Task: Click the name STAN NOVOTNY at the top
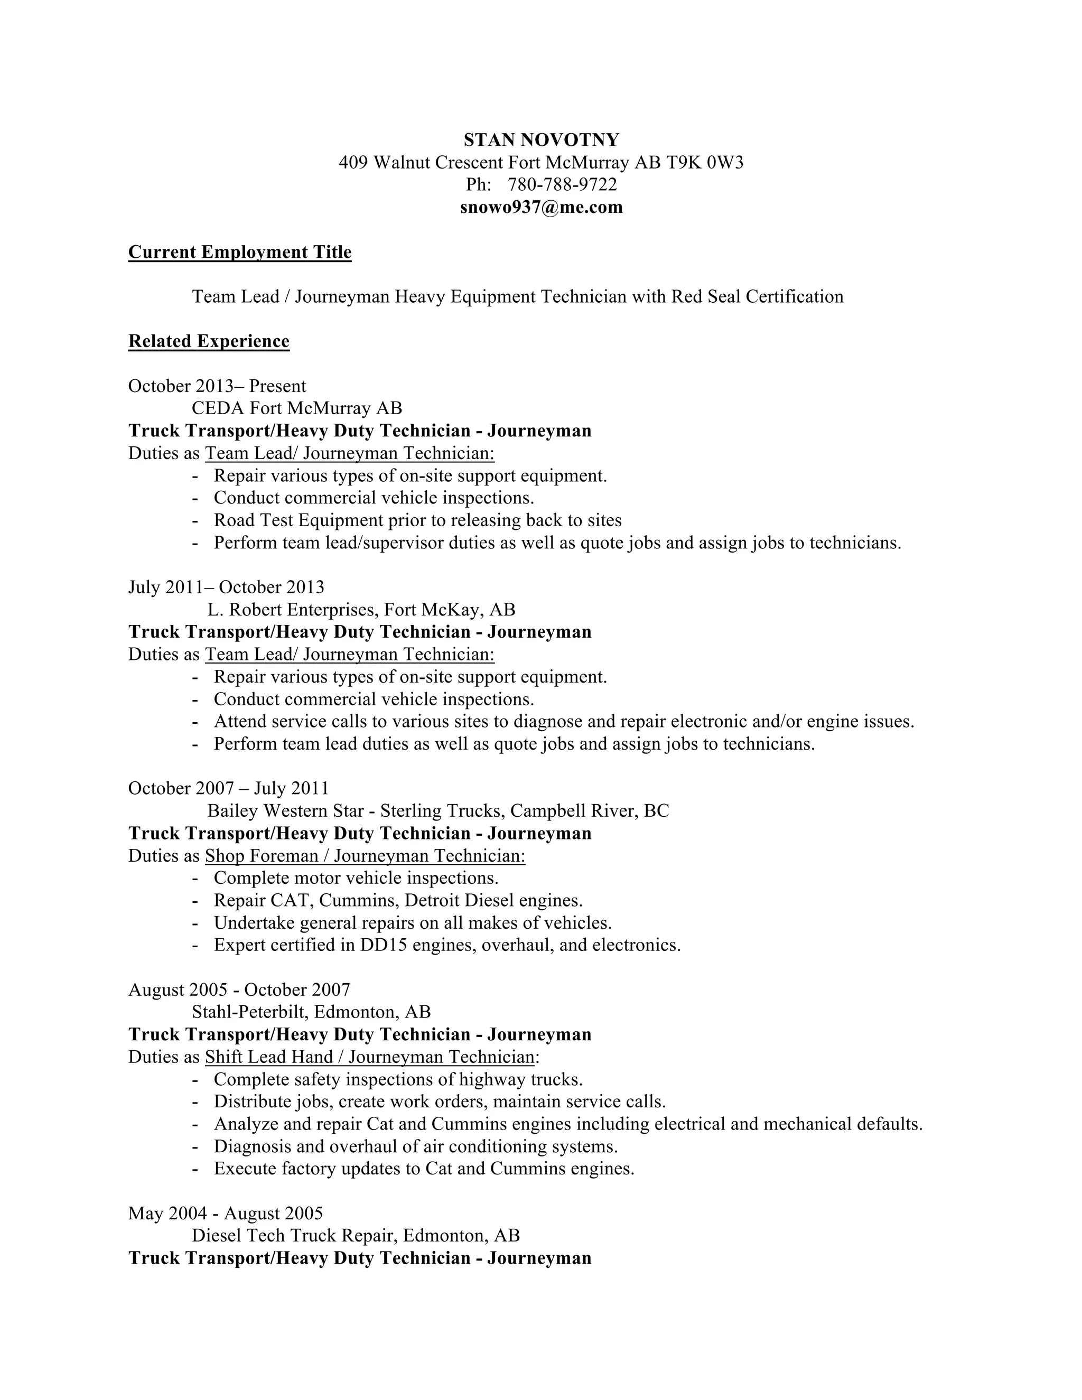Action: tap(542, 140)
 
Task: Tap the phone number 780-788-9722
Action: tap(562, 184)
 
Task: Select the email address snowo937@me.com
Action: tap(542, 207)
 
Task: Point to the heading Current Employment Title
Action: tap(240, 252)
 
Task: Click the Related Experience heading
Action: tap(209, 341)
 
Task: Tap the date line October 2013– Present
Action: tap(217, 386)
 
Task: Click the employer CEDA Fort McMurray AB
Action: tap(297, 408)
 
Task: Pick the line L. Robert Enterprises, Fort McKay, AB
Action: tap(361, 609)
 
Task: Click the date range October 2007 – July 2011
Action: tap(228, 788)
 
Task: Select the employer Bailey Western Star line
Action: tap(438, 811)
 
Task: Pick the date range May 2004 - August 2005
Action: tap(226, 1213)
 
